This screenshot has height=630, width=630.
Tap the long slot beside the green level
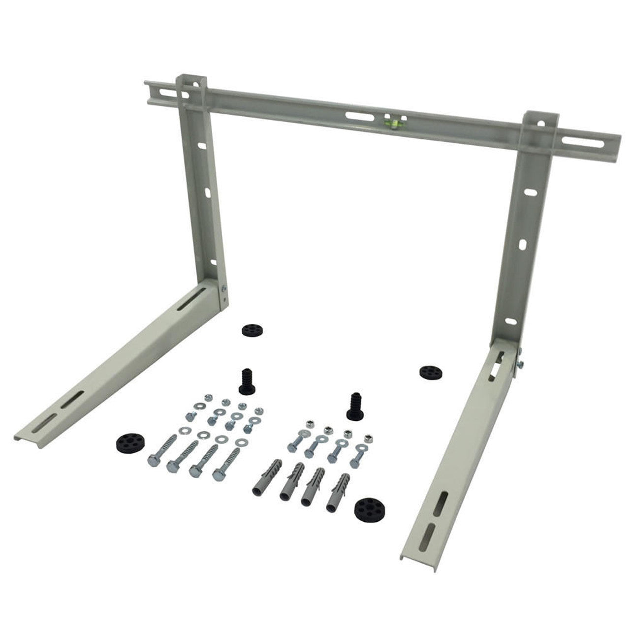[x=359, y=116]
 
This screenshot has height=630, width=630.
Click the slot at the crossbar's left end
[x=153, y=93]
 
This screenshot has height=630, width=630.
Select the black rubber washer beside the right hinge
[x=428, y=372]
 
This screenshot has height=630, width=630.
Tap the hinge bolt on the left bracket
[x=224, y=295]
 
